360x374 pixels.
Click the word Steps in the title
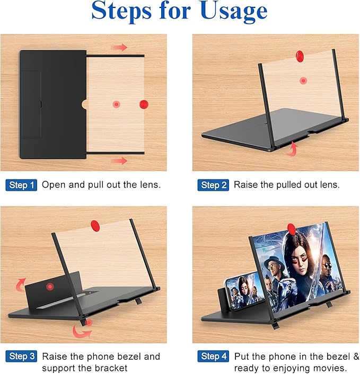coord(126,12)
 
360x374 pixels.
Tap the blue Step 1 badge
coord(22,185)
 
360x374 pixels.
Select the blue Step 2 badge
coord(213,185)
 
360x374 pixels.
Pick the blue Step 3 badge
coord(22,356)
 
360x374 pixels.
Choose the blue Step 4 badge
coord(213,356)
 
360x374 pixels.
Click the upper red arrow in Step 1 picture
coord(120,48)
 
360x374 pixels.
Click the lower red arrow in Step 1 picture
coord(120,160)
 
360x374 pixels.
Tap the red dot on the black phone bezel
coord(50,287)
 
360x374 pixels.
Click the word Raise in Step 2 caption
coord(246,185)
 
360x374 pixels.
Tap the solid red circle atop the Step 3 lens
coord(95,225)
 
